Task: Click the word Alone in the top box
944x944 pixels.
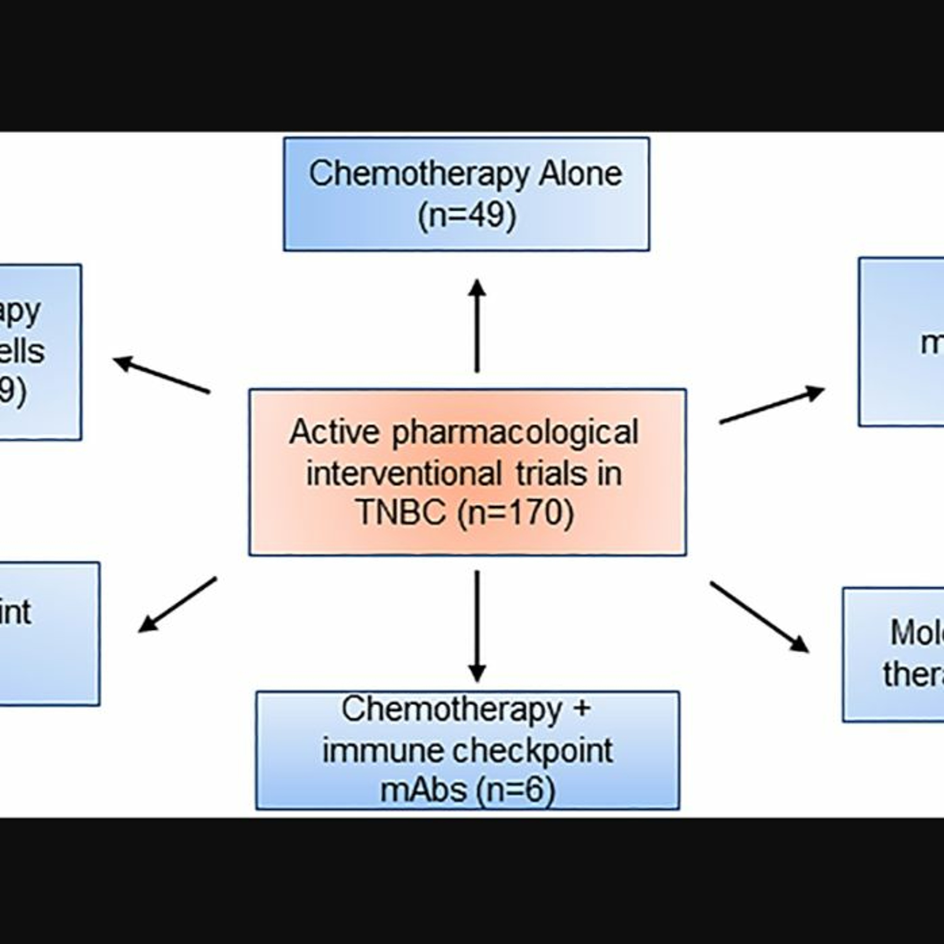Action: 580,174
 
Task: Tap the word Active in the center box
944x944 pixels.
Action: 334,432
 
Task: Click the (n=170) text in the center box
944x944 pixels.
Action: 515,513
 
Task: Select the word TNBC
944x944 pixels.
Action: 402,513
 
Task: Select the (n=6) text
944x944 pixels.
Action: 515,789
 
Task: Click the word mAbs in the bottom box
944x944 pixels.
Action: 423,789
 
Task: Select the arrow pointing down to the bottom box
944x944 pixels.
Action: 477,626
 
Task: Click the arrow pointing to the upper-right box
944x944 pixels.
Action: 772,405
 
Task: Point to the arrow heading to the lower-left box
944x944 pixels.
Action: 178,604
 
